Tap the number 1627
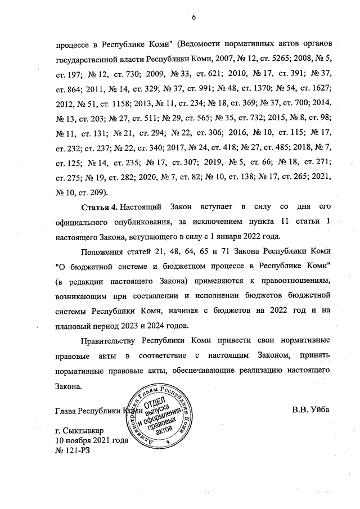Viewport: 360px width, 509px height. [x=321, y=88]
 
